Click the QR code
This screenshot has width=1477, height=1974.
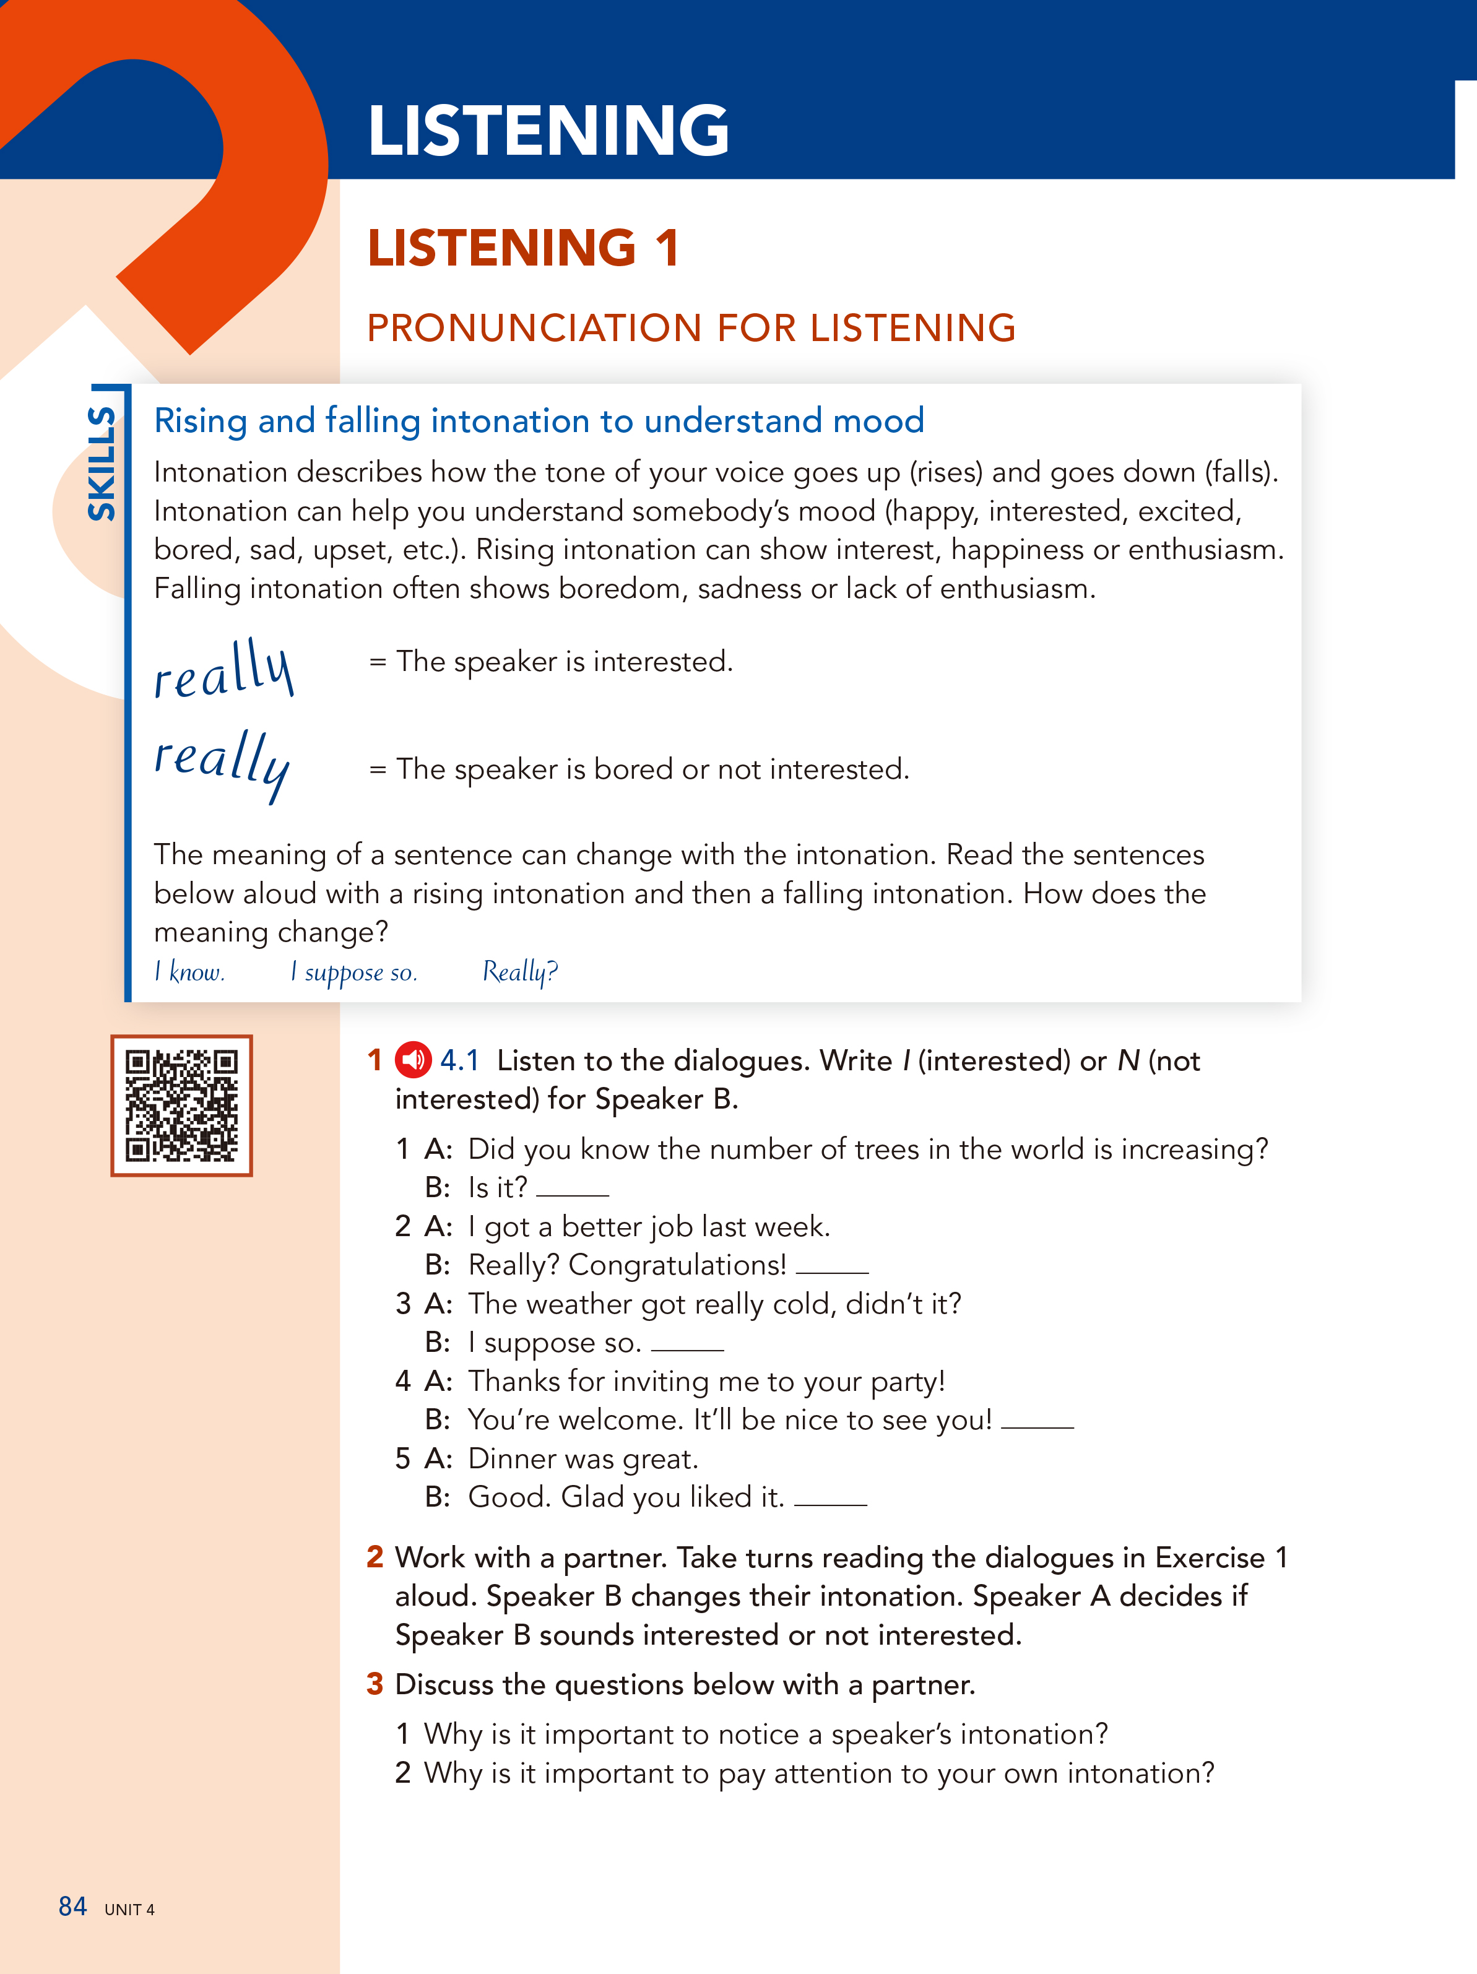pos(181,1105)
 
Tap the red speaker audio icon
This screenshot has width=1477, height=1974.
pos(414,1060)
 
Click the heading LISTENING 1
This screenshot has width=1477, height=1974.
pos(523,248)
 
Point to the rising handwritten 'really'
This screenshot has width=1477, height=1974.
pos(223,670)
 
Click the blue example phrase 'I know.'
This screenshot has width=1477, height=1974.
pos(189,972)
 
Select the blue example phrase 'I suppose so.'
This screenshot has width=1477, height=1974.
pos(353,972)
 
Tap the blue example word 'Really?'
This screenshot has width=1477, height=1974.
pos(519,972)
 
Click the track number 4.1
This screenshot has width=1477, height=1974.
pos(459,1060)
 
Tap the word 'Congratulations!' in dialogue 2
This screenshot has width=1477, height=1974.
pos(677,1265)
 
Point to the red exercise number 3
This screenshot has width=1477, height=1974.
pos(375,1684)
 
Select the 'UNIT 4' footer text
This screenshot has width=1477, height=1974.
pos(129,1910)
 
